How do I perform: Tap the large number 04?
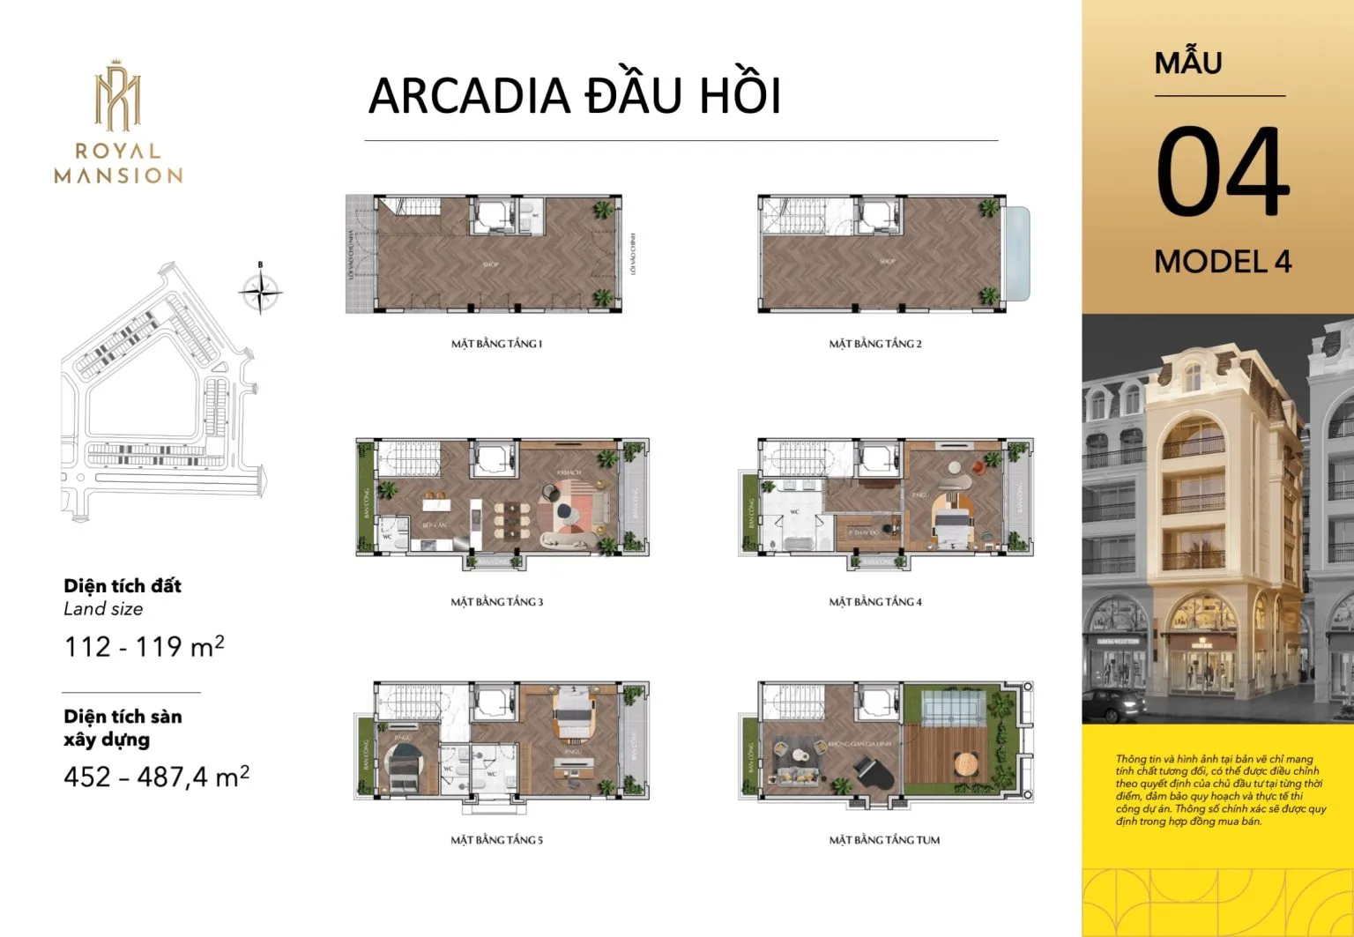pyautogui.click(x=1223, y=171)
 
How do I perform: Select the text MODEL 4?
pyautogui.click(x=1223, y=262)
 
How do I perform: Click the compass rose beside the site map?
pyautogui.click(x=260, y=289)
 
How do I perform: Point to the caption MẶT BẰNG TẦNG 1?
pyautogui.click(x=496, y=344)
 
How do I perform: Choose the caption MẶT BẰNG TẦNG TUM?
pyautogui.click(x=884, y=840)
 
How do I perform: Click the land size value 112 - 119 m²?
pyautogui.click(x=144, y=647)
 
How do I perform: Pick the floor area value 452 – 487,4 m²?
pyautogui.click(x=156, y=777)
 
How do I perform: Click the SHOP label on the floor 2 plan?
pyautogui.click(x=887, y=262)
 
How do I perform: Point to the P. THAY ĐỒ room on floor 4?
pyautogui.click(x=865, y=532)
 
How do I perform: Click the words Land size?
pyautogui.click(x=103, y=609)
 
